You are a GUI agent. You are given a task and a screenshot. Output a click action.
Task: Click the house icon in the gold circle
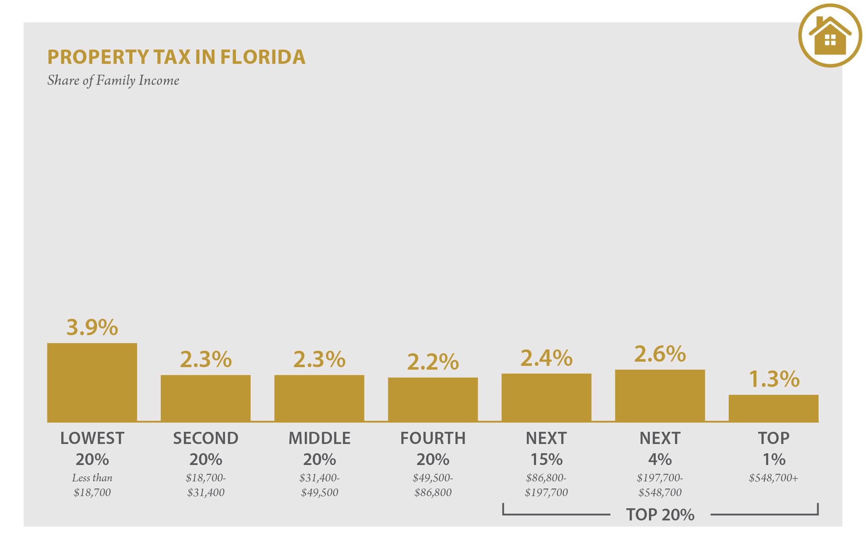(830, 36)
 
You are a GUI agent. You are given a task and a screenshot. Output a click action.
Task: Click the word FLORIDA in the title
(263, 57)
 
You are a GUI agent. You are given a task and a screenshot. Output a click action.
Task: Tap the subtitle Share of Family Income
(113, 80)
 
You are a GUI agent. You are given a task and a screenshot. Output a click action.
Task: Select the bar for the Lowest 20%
(92, 382)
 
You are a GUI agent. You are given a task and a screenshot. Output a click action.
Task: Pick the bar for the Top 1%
(773, 408)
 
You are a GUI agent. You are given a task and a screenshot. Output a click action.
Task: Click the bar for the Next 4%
(659, 396)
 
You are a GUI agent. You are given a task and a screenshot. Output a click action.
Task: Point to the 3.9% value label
(92, 327)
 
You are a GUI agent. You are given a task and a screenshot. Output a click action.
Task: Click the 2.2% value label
(433, 362)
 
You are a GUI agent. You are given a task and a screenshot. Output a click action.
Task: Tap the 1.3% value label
(774, 379)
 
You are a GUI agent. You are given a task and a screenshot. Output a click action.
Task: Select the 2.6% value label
(659, 354)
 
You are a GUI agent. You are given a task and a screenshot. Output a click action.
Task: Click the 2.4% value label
(546, 358)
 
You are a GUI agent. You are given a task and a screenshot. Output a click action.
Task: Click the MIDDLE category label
(319, 438)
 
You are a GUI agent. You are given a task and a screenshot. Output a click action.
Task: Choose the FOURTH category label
(433, 438)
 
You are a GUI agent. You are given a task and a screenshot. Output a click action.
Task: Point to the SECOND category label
(206, 438)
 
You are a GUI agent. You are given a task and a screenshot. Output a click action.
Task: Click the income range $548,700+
(773, 478)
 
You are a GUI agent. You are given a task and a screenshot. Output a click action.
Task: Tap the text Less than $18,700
(92, 485)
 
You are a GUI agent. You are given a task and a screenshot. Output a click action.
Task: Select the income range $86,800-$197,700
(546, 485)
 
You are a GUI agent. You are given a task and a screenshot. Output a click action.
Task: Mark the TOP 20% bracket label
(660, 515)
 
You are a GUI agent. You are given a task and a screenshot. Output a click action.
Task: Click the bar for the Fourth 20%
(433, 399)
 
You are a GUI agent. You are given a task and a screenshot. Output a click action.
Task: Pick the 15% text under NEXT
(546, 460)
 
